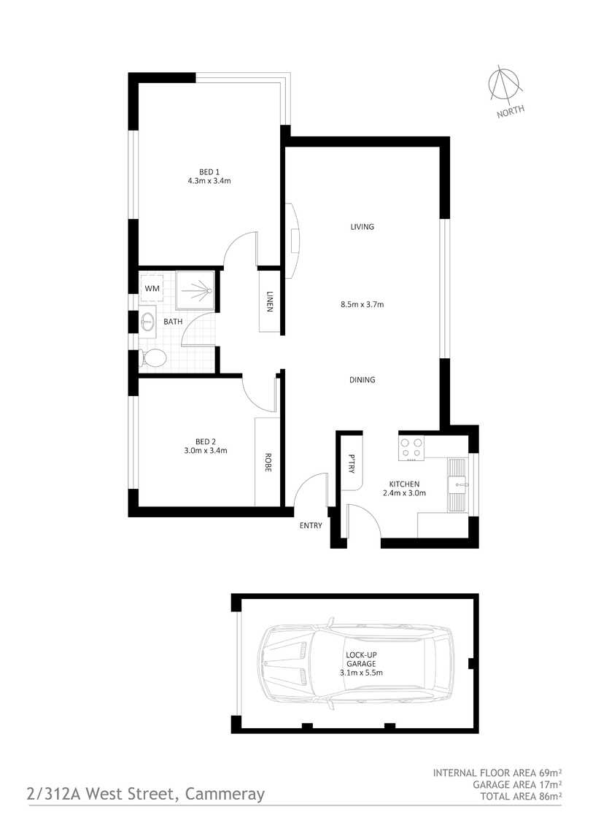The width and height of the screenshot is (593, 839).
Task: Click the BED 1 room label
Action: (209, 171)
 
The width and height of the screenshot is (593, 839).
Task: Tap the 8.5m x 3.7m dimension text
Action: (362, 304)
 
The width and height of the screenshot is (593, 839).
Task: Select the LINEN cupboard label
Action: (269, 301)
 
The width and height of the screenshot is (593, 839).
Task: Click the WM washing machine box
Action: (152, 289)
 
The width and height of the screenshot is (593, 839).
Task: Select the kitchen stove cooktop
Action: (411, 449)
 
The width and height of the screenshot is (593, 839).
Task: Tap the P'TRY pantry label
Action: (352, 463)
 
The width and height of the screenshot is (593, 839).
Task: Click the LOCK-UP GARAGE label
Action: (361, 659)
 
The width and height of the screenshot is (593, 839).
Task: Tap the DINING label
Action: (362, 379)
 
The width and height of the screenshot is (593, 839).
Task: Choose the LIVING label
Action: (362, 227)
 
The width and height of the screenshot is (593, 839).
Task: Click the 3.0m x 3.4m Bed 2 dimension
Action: (206, 450)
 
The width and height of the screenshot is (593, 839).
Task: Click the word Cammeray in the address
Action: (225, 794)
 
